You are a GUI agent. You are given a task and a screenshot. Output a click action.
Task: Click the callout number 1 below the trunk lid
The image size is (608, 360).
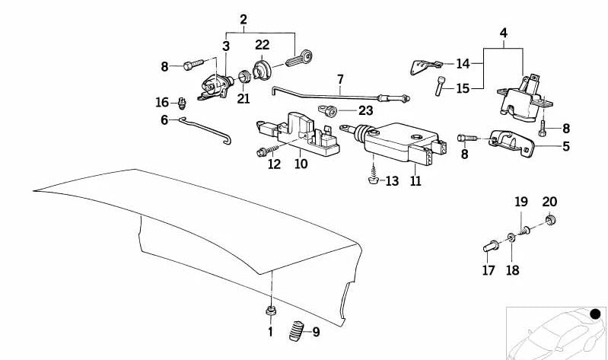coord(269,332)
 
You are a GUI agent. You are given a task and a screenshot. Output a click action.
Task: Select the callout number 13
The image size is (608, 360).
coord(392,181)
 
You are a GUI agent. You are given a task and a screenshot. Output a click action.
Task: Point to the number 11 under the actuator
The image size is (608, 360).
coord(415,183)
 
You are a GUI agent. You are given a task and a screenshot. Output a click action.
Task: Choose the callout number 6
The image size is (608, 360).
coord(164,119)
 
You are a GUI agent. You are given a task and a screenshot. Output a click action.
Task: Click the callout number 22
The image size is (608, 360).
coord(263,45)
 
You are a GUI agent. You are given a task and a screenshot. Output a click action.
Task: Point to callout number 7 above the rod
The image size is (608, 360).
coord(340,78)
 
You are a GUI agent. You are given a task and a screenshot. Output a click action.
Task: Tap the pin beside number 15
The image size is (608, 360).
coord(440,87)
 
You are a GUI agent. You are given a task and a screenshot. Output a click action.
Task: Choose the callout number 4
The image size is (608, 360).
coord(503,33)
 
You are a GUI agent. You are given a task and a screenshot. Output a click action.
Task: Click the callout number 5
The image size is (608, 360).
coord(566,146)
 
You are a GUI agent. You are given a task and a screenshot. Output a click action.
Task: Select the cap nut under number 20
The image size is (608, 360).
coord(549,222)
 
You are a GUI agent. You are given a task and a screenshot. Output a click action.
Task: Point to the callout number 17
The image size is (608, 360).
coord(487,270)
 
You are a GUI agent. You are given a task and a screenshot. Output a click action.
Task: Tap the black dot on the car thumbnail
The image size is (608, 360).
coord(596,313)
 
